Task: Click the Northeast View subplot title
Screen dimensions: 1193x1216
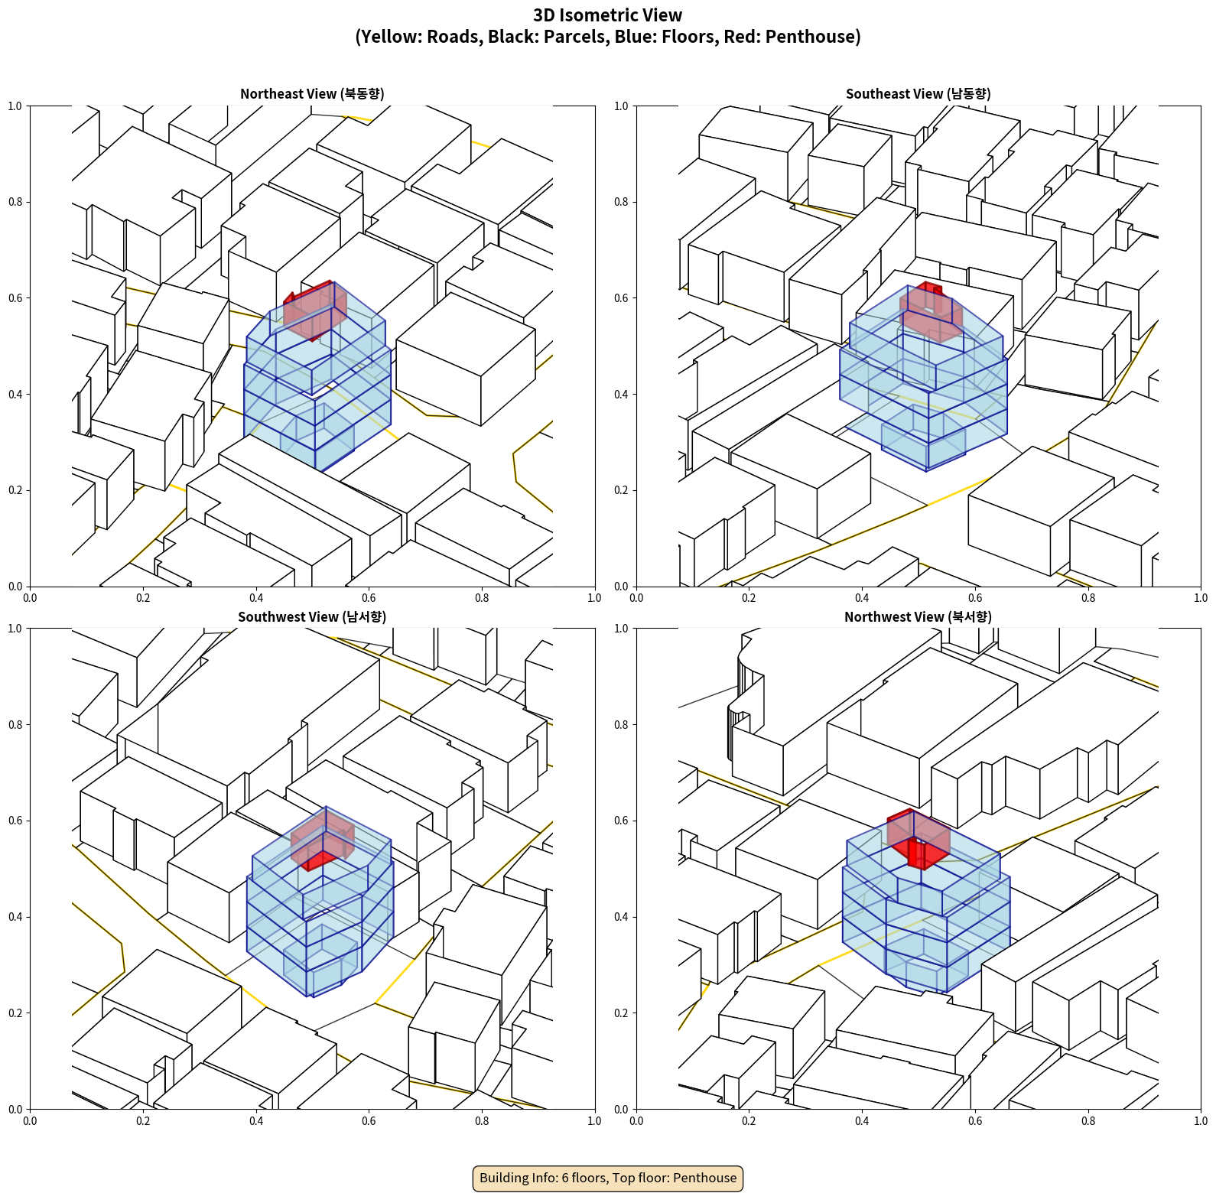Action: (x=312, y=94)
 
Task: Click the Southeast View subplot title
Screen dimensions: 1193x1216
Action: (x=918, y=94)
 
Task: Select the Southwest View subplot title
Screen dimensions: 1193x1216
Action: (x=312, y=617)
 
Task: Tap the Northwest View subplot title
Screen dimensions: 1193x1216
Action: (x=918, y=617)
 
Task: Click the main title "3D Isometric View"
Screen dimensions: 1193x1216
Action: (x=607, y=15)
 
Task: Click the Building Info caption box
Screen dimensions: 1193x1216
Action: (x=608, y=1178)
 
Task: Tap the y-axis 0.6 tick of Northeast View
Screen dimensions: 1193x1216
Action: (x=15, y=298)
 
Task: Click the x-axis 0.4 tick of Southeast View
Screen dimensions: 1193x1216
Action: (x=862, y=598)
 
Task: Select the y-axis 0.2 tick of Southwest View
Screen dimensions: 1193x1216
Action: (x=15, y=1013)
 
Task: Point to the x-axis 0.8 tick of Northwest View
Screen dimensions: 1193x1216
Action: (x=1088, y=1121)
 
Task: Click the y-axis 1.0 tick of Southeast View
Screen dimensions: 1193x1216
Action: (x=621, y=106)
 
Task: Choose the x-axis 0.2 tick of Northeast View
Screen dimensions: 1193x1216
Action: (x=143, y=598)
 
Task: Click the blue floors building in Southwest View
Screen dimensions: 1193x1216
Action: (x=321, y=925)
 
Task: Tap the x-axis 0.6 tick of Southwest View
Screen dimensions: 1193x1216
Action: (x=369, y=1121)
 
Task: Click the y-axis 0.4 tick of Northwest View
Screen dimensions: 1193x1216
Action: (x=621, y=917)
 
